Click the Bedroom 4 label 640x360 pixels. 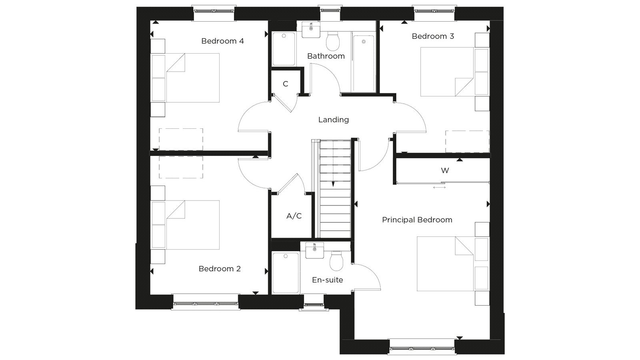(x=222, y=41)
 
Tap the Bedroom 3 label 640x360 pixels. (x=433, y=36)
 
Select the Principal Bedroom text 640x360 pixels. (x=417, y=220)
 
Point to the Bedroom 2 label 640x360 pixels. (x=220, y=269)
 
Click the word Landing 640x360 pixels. (x=334, y=120)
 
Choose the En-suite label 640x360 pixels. (x=328, y=280)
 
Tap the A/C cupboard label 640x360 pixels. (x=294, y=216)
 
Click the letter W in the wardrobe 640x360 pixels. (x=445, y=170)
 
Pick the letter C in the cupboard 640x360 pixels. (x=286, y=84)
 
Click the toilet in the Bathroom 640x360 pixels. (x=332, y=41)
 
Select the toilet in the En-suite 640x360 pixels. (x=336, y=261)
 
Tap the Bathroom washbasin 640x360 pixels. (x=311, y=30)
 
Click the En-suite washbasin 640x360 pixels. (x=314, y=250)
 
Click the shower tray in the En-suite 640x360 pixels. (x=286, y=272)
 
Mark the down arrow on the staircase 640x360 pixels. (x=333, y=184)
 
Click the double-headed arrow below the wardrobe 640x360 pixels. (x=439, y=188)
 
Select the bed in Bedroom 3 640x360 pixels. (x=455, y=72)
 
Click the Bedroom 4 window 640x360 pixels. (x=214, y=11)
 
